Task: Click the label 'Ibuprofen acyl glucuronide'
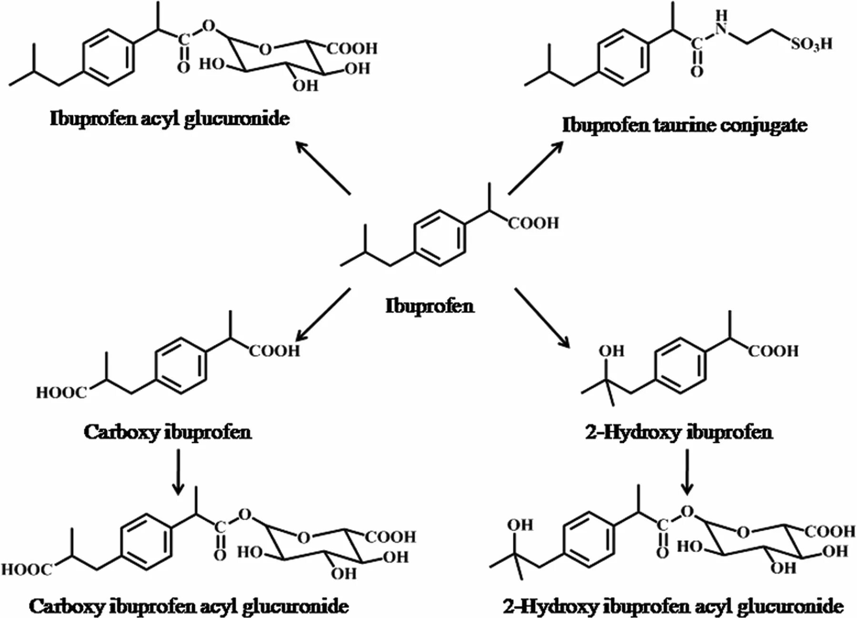169,118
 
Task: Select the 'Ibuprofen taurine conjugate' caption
685,125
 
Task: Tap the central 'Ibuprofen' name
429,305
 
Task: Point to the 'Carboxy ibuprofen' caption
168,432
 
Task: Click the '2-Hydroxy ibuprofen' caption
679,432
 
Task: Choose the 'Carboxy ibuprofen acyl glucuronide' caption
189,606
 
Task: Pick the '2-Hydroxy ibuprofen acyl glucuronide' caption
673,606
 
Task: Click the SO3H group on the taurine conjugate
811,44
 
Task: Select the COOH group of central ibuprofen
533,223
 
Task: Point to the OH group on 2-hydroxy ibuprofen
611,351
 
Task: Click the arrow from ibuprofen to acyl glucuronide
323,167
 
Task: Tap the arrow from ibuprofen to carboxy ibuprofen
323,314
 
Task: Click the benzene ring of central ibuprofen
439,237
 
